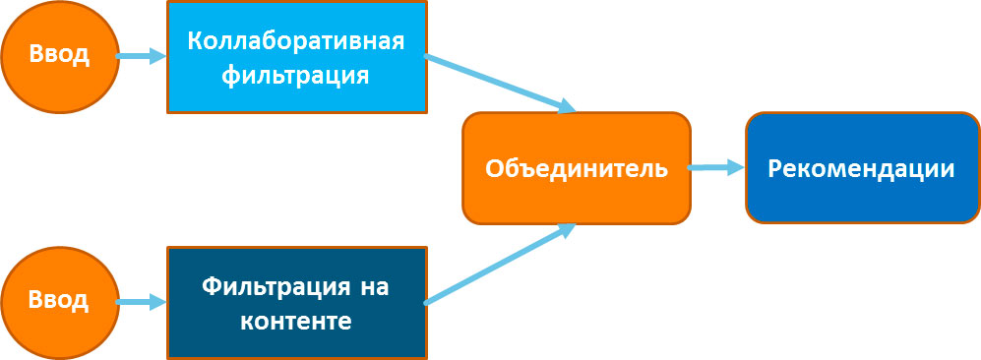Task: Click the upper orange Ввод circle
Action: click(60, 55)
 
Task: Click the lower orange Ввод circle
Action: click(60, 302)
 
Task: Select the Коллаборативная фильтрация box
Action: click(296, 56)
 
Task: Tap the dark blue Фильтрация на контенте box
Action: click(296, 303)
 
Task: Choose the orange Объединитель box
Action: click(577, 168)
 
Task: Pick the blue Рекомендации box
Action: click(863, 168)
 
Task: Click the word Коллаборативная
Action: click(296, 42)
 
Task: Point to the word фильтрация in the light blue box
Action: click(296, 75)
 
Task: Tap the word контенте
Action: click(296, 321)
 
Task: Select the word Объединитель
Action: click(577, 169)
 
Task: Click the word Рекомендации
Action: click(862, 169)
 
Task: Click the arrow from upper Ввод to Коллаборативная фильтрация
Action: click(142, 56)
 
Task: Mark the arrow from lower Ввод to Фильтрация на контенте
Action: click(142, 303)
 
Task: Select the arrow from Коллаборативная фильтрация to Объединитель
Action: click(501, 84)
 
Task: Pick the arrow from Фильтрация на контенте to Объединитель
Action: click(501, 264)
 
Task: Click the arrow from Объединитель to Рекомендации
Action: click(717, 167)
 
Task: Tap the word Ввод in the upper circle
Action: click(59, 55)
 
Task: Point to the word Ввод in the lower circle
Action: click(59, 301)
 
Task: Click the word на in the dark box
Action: click(374, 288)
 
